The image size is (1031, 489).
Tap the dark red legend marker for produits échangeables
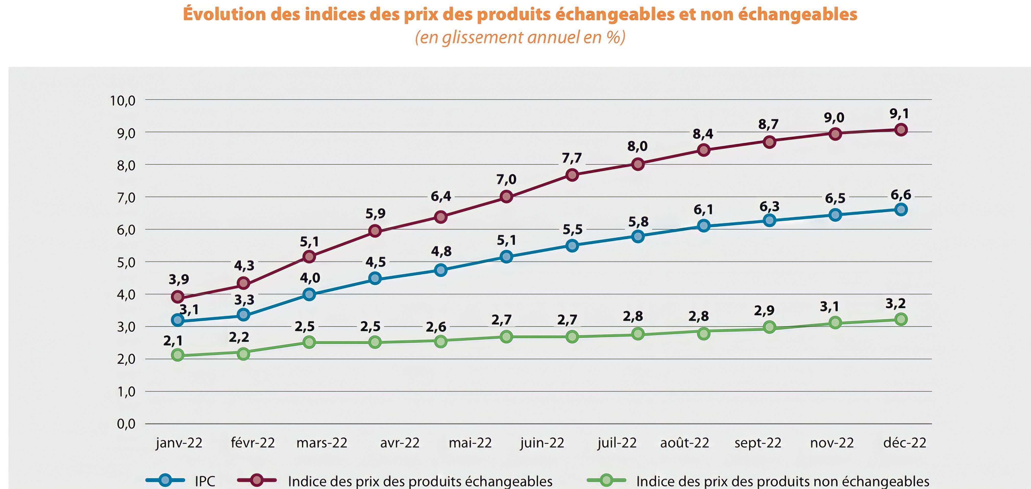click(x=256, y=480)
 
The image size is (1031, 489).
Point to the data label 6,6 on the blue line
click(x=901, y=195)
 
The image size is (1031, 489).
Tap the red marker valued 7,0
click(x=506, y=197)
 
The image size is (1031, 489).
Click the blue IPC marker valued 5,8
click(x=638, y=236)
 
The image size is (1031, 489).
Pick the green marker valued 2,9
click(x=769, y=327)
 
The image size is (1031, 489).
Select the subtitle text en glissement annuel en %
click(x=520, y=38)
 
